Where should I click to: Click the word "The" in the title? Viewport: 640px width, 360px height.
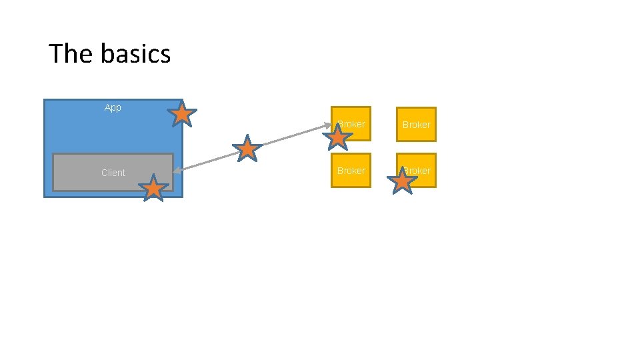[x=65, y=53]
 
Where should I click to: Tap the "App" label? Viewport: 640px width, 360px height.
[x=113, y=107]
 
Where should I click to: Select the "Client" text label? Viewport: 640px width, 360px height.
[x=113, y=173]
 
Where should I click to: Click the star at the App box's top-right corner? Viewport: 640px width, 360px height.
[x=182, y=115]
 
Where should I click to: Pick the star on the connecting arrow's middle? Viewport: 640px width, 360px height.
[x=247, y=149]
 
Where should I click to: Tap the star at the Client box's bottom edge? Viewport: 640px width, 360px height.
[x=153, y=188]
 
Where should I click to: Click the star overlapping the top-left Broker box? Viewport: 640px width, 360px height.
[x=338, y=138]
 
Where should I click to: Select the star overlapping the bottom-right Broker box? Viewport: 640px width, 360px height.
[x=403, y=180]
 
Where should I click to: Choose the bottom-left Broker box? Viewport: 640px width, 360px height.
[x=351, y=171]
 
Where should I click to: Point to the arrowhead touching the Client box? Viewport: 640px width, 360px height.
[x=175, y=171]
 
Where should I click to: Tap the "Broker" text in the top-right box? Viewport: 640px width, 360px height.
[x=416, y=125]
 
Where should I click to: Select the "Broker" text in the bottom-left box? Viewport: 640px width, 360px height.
[x=351, y=171]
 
